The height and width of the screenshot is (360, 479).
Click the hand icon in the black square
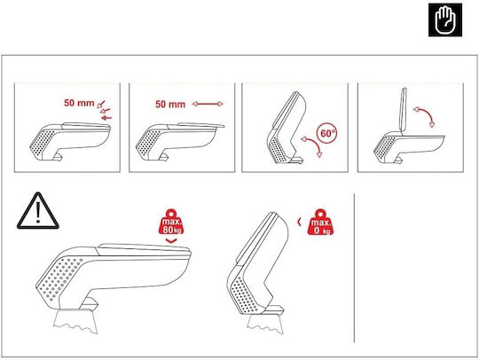445,20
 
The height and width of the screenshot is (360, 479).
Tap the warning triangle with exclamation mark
38,211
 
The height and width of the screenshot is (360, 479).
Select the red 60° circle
327,133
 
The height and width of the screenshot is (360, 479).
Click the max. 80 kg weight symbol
171,222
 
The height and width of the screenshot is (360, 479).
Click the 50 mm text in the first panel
79,103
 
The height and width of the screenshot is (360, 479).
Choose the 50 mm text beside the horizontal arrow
170,104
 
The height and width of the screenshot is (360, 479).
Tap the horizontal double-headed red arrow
208,104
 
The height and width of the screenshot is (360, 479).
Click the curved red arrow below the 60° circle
315,144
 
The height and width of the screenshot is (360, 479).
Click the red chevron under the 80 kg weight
171,241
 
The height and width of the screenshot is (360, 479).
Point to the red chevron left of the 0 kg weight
300,222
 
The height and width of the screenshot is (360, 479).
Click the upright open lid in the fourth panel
404,110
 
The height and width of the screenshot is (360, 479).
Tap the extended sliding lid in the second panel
201,124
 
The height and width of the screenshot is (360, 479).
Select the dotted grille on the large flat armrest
59,278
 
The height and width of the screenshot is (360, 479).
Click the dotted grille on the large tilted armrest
243,294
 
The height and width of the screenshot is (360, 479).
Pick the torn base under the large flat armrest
75,321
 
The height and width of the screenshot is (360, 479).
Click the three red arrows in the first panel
105,110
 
